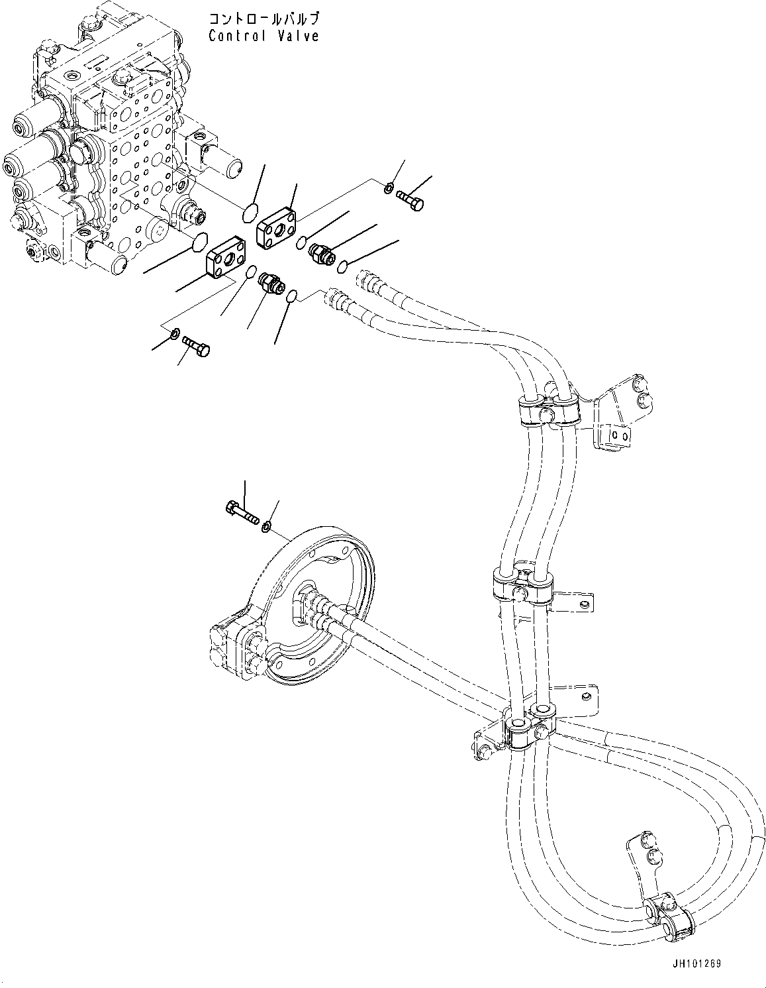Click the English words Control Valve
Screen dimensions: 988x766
[263, 36]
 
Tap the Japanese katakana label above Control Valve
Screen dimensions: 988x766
[263, 18]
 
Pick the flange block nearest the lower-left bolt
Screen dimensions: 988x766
[224, 263]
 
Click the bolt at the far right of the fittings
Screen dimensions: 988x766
[410, 199]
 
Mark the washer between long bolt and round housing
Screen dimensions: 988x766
[266, 527]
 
